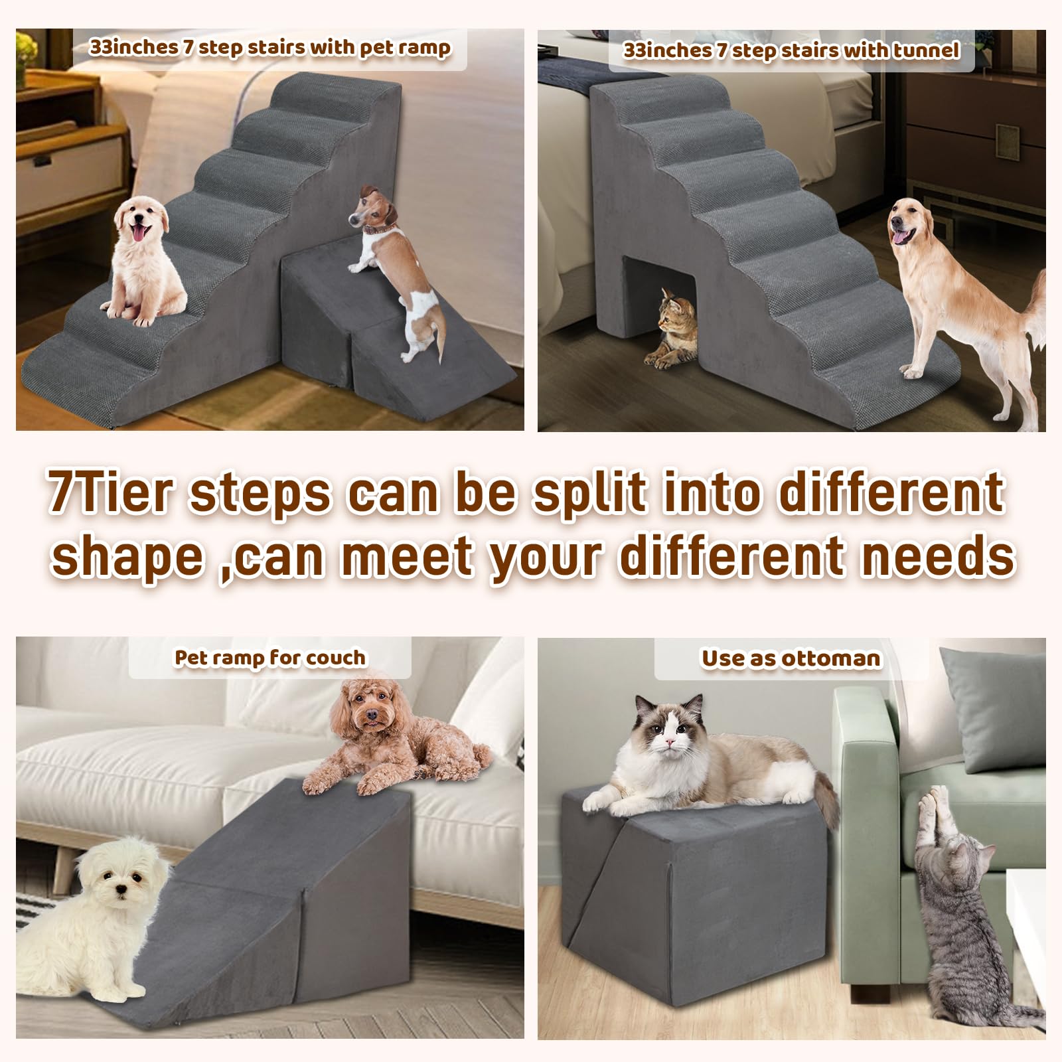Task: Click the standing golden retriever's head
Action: [915, 222]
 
